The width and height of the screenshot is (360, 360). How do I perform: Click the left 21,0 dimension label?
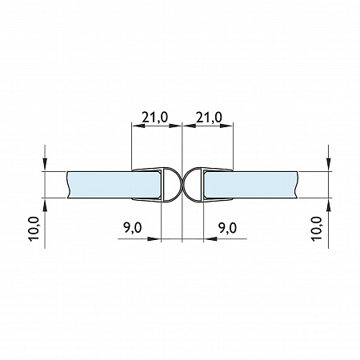[x=154, y=118]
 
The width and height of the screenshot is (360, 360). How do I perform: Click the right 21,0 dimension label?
[x=209, y=118]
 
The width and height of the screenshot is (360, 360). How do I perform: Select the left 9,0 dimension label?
[x=133, y=228]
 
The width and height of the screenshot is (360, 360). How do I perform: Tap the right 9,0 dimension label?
[x=227, y=228]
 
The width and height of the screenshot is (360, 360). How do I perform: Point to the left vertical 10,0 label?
[x=34, y=229]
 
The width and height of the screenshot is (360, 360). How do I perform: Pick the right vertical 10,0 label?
[x=317, y=229]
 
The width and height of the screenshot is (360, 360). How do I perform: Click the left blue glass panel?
[x=114, y=185]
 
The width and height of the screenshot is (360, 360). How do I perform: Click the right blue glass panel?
[x=251, y=185]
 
